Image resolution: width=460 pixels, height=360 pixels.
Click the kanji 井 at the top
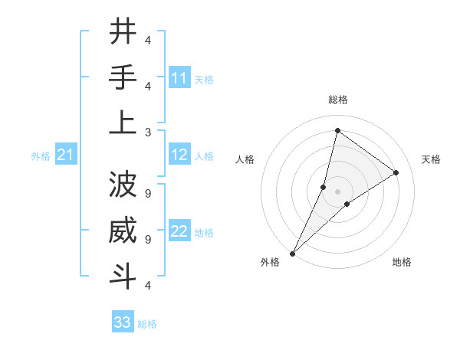pyautogui.click(x=123, y=32)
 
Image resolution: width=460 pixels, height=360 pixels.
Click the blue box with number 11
pyautogui.click(x=179, y=78)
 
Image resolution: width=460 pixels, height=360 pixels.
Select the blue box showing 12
pyautogui.click(x=179, y=155)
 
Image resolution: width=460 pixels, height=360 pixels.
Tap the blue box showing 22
pyautogui.click(x=179, y=231)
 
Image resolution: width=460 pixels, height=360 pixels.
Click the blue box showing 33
pyautogui.click(x=123, y=322)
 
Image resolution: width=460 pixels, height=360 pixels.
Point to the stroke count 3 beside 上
pyautogui.click(x=148, y=131)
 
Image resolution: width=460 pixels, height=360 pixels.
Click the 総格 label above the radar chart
pyautogui.click(x=337, y=100)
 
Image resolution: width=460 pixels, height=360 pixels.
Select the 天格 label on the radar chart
pyautogui.click(x=431, y=159)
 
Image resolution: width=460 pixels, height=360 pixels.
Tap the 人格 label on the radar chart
pyautogui.click(x=245, y=159)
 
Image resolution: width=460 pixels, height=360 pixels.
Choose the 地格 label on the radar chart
pyautogui.click(x=402, y=262)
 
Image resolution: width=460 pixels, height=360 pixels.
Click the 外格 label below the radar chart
pyautogui.click(x=270, y=262)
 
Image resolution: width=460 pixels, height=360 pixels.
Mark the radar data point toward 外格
pyautogui.click(x=292, y=253)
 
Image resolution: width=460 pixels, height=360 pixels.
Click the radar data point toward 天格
pyautogui.click(x=396, y=172)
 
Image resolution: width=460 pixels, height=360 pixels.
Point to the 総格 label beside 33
pyautogui.click(x=147, y=324)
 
